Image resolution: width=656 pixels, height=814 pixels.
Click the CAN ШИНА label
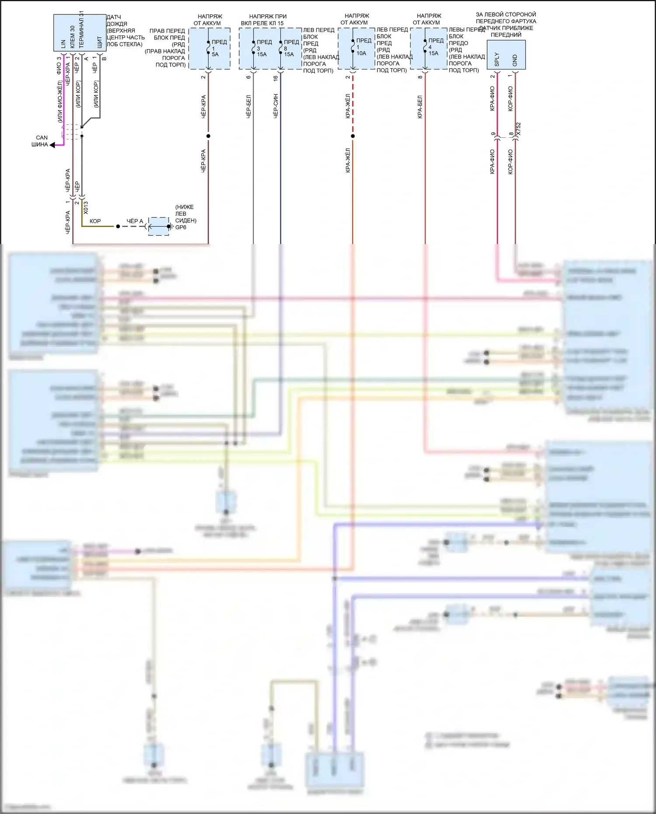click(x=40, y=141)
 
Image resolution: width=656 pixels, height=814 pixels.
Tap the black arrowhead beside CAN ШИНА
click(x=52, y=145)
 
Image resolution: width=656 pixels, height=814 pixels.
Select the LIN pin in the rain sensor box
click(x=63, y=44)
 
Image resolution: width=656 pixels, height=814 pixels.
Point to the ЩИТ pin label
click(x=100, y=42)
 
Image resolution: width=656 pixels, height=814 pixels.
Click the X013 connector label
click(x=86, y=207)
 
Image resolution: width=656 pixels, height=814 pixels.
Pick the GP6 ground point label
click(x=181, y=227)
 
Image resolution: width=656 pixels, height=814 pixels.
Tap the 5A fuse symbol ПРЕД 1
click(x=208, y=48)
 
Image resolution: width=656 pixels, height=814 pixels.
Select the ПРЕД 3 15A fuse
click(x=254, y=48)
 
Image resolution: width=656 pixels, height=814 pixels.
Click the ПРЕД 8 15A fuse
click(x=281, y=48)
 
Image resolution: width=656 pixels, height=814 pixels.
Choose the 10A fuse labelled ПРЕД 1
click(x=352, y=47)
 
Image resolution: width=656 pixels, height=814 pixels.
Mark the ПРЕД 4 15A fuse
click(x=425, y=47)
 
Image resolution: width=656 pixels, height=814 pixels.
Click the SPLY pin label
click(x=497, y=59)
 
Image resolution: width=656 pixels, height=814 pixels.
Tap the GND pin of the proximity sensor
click(x=515, y=60)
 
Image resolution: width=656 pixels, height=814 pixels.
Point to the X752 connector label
click(x=519, y=129)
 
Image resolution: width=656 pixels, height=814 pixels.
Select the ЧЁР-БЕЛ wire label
click(x=248, y=107)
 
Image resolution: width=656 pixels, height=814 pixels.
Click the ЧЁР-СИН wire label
click(x=276, y=106)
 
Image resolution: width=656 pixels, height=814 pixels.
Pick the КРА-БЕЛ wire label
click(x=420, y=107)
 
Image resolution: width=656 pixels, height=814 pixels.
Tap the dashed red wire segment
click(x=352, y=105)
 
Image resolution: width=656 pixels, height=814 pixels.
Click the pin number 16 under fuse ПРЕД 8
click(x=276, y=78)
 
